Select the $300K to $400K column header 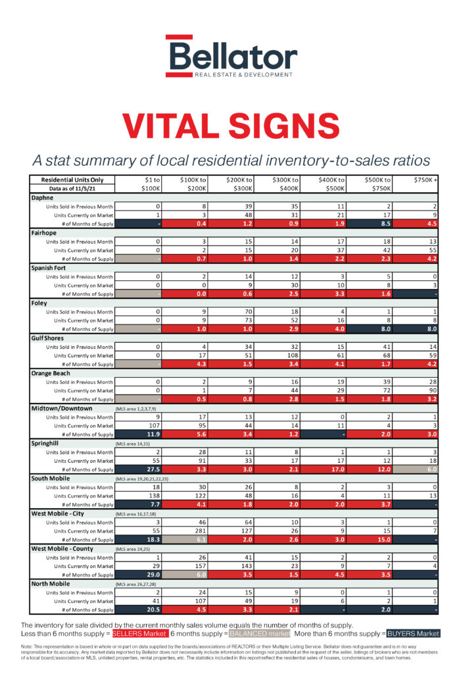tap(286, 184)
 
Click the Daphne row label tap(43, 197)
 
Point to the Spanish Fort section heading tap(50, 268)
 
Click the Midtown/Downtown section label tap(63, 408)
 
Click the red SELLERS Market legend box tap(139, 634)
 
